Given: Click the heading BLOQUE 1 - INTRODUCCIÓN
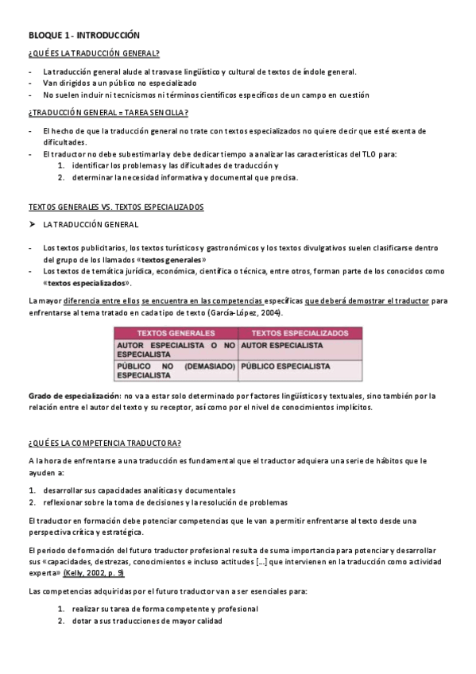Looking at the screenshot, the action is pos(83,36).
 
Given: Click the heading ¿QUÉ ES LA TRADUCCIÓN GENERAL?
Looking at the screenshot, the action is pos(94,53).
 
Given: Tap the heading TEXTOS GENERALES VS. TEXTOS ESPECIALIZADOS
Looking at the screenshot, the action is pos(116,207).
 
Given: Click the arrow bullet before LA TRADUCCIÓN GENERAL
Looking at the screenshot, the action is pos(32,225).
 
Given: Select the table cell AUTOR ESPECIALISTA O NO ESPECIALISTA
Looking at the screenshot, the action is pos(176,351).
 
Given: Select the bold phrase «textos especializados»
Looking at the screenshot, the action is pos(87,283).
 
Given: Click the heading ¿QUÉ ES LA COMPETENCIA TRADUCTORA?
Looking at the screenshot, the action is pos(104,442).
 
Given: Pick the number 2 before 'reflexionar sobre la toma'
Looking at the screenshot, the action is pos(31,502).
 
